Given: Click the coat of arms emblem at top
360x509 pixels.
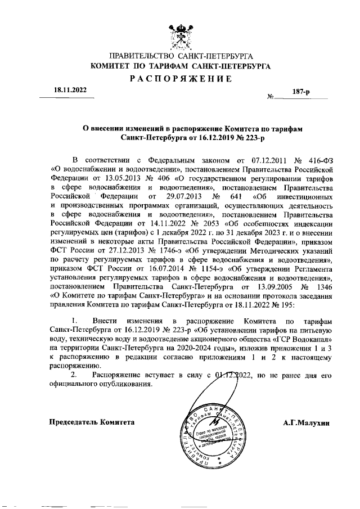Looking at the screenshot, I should pyautogui.click(x=181, y=35).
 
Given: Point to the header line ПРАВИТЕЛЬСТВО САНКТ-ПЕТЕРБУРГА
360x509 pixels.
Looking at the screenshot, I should pyautogui.click(x=181, y=57).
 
